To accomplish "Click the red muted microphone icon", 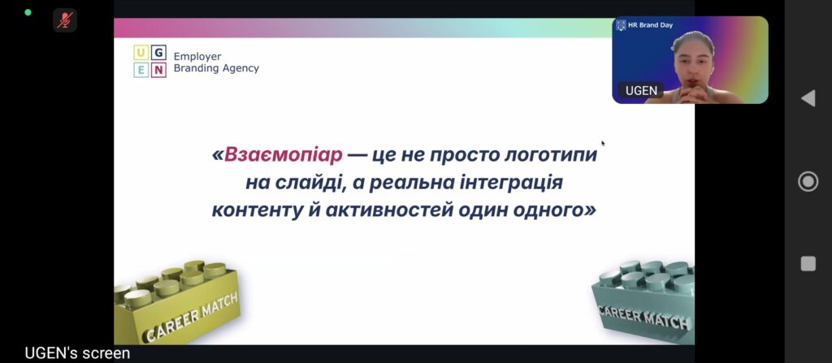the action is (65, 20).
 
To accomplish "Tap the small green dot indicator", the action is (28, 12).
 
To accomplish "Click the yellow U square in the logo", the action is (141, 53).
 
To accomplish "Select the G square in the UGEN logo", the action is (158, 53).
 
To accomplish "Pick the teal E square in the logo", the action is (141, 70).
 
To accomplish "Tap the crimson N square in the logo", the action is (158, 70).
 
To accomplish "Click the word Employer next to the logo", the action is (197, 57).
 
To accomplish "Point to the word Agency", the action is (239, 68).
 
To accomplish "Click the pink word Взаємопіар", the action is (284, 155).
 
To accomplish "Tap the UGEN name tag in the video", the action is (641, 91).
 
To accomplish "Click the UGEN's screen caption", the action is (77, 353).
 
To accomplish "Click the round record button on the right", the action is (808, 182).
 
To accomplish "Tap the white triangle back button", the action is (808, 98).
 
